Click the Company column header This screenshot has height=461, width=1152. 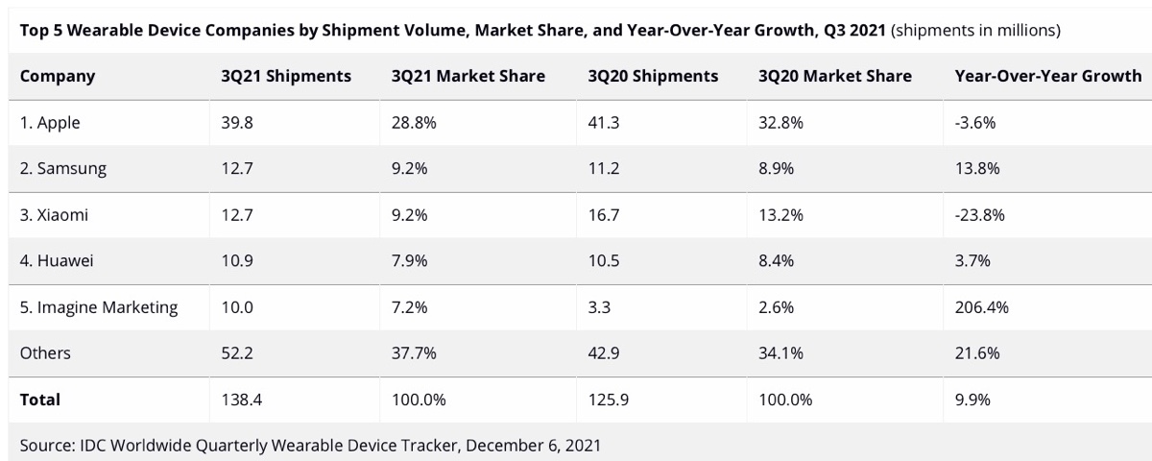click(58, 76)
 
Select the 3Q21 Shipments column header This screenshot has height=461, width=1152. click(286, 76)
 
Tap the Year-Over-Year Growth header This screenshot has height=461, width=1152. click(1047, 76)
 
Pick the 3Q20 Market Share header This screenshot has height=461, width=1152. click(835, 76)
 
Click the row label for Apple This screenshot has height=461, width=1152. click(50, 123)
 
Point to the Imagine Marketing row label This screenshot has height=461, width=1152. click(99, 307)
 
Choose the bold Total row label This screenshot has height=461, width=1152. click(40, 400)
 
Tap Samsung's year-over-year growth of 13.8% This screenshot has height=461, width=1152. click(977, 169)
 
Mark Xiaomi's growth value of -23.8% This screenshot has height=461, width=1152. click(980, 215)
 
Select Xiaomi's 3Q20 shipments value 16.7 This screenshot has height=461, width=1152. click(603, 215)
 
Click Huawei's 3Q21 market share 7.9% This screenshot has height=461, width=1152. click(410, 261)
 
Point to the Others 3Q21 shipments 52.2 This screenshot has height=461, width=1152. click(236, 353)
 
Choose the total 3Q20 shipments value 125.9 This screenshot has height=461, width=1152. click(609, 400)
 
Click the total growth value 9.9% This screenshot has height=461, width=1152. click(972, 400)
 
